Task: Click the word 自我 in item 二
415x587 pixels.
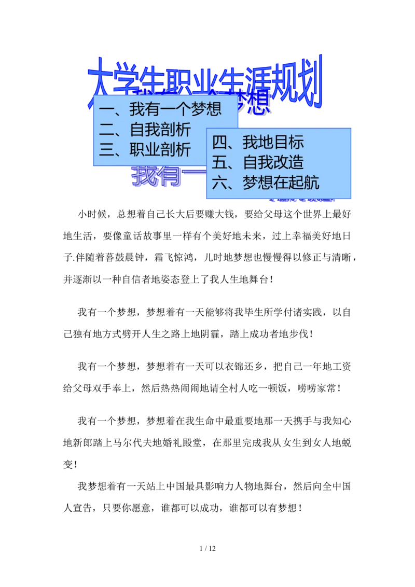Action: coord(145,130)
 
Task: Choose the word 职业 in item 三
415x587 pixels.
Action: coord(145,150)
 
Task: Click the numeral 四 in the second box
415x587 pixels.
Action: coord(220,143)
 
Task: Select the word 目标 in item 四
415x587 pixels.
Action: coord(288,143)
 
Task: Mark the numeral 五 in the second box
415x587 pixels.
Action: coord(220,162)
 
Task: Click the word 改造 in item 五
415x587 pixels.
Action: coord(288,162)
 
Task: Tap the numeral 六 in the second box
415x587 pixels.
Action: coord(220,183)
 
